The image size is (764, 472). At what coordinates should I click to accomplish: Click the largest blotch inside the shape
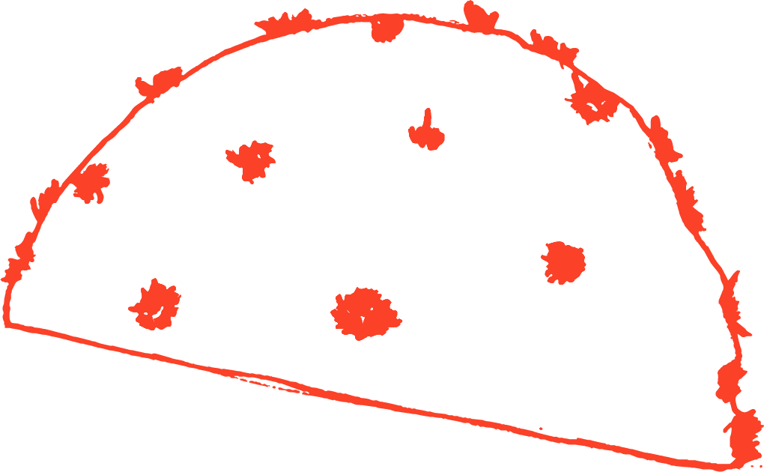(x=366, y=313)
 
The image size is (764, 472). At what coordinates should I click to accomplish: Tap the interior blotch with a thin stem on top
(x=426, y=135)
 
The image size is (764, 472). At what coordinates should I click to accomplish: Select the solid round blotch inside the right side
(x=563, y=262)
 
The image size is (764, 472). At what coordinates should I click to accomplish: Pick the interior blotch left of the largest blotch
(x=156, y=306)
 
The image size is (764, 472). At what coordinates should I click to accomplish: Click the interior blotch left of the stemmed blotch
(x=252, y=160)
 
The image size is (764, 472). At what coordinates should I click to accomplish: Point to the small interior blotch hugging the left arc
(x=92, y=183)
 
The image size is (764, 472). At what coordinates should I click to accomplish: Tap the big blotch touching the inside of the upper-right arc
(x=593, y=101)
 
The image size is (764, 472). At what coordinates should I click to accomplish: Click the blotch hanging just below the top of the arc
(x=386, y=28)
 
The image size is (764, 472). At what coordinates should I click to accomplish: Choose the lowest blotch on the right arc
(x=744, y=432)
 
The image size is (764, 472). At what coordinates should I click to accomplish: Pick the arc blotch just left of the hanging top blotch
(x=288, y=22)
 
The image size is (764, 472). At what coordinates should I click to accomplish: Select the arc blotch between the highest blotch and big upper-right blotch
(x=553, y=48)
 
